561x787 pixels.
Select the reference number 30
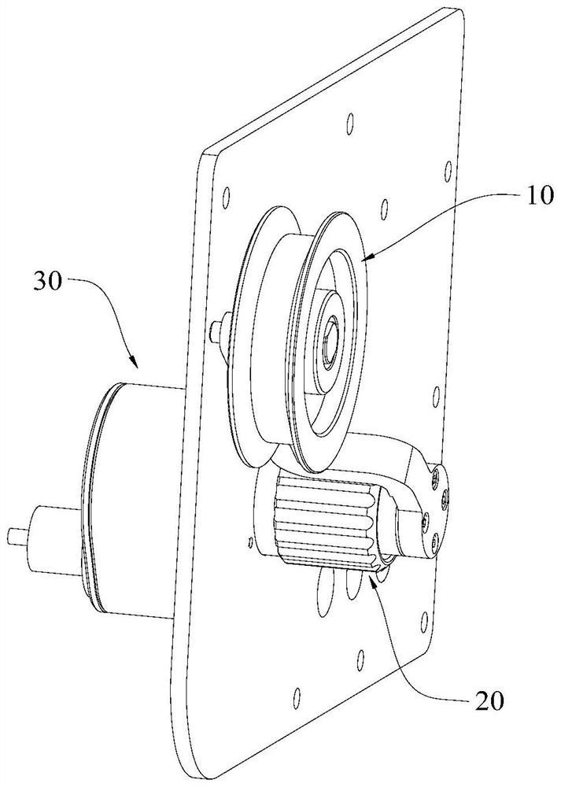[49, 282]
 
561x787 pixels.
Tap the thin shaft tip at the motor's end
[16, 535]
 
